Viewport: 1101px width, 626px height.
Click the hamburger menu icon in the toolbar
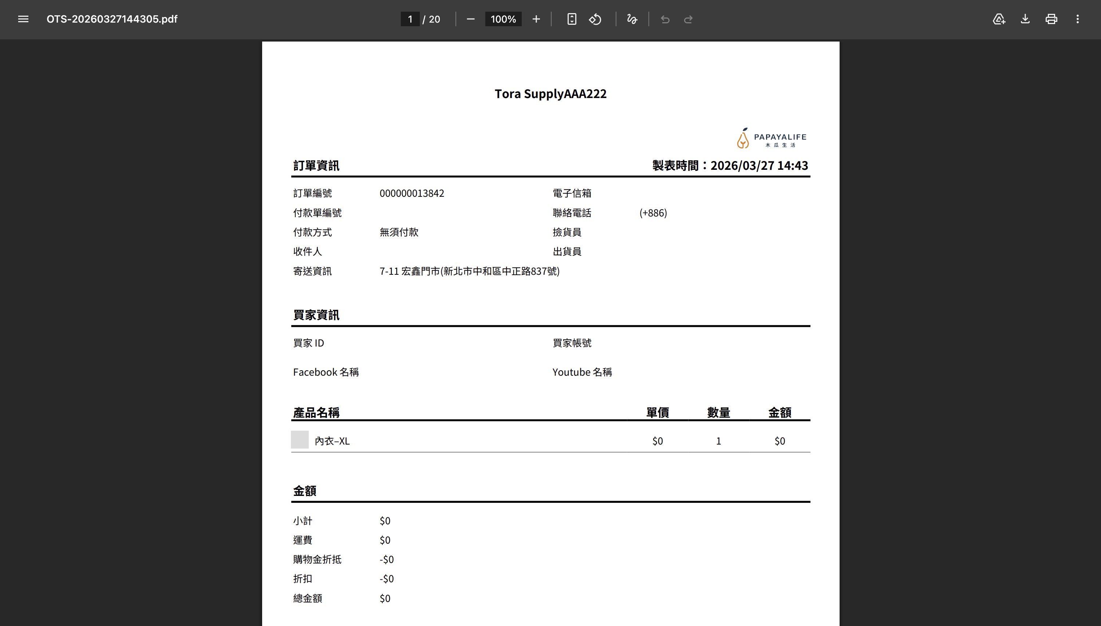coord(23,19)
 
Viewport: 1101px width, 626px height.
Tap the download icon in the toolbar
coord(1025,19)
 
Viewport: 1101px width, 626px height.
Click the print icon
coord(1051,19)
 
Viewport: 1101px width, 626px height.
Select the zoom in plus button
coord(536,19)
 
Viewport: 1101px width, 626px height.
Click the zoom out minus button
coord(470,19)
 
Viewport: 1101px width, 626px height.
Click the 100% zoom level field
coord(503,19)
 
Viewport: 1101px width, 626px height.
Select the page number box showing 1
coord(410,19)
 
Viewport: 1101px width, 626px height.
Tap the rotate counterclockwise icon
coord(595,19)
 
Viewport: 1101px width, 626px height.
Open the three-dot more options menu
coord(1077,19)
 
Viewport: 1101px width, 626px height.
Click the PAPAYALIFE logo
coord(772,138)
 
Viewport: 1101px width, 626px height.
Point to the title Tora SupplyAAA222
coord(550,94)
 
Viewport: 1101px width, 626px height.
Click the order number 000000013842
coord(411,193)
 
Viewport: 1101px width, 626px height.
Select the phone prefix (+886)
coord(653,213)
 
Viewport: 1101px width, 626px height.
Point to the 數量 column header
coord(718,413)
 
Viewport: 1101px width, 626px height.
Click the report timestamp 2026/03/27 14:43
coord(759,165)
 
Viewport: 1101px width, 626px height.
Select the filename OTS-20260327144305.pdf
coord(112,19)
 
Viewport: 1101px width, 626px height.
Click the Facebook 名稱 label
coord(325,372)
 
